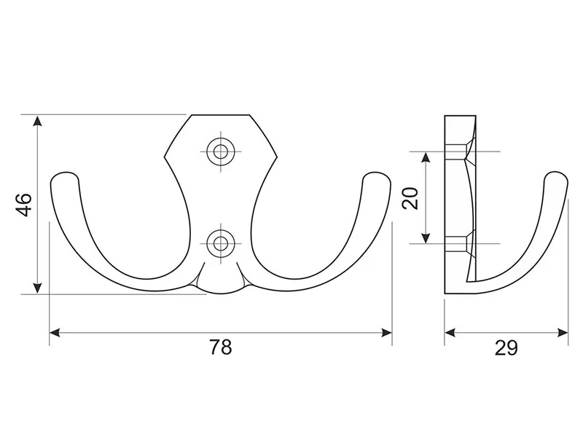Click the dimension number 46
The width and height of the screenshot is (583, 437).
[24, 205]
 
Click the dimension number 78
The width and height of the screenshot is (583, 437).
[221, 347]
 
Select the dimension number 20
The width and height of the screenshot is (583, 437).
[410, 198]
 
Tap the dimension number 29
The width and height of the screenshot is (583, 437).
[506, 348]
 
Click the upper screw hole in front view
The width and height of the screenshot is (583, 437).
[221, 151]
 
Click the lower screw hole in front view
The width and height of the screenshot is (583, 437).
[221, 244]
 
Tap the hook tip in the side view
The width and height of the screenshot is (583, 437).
[556, 176]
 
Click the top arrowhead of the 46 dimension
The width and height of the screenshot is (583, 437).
[37, 121]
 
